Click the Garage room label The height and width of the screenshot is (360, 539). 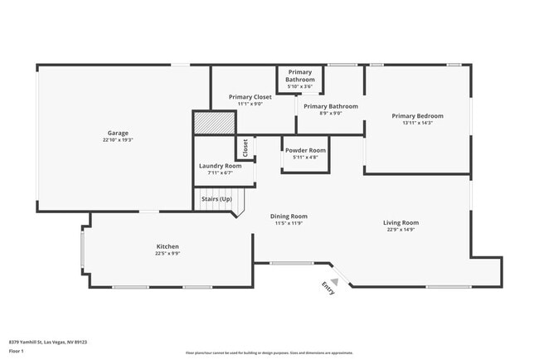(118, 133)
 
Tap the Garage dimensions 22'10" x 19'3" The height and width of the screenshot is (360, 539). (118, 140)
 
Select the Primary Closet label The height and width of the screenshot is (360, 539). (250, 97)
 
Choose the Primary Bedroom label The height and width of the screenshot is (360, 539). (417, 115)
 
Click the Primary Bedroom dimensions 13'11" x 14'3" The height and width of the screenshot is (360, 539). (417, 123)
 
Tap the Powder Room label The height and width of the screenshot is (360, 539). (305, 150)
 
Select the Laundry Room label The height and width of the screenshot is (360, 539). (220, 165)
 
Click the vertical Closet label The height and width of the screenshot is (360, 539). (245, 148)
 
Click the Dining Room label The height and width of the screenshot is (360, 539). (289, 216)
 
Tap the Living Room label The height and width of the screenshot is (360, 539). (401, 222)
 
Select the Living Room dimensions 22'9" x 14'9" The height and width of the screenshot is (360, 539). (401, 230)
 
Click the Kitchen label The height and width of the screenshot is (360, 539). (168, 246)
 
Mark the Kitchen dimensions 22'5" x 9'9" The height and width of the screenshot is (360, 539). (168, 254)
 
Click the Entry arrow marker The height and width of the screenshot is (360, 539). (329, 287)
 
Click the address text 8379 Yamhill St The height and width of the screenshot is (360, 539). (48, 342)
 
